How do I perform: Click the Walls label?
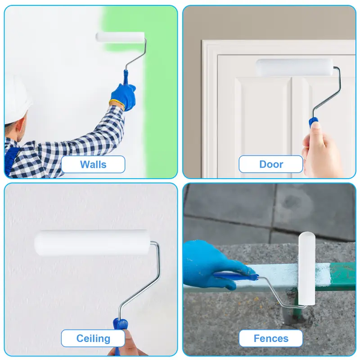(x=93, y=164)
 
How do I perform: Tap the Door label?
(x=271, y=164)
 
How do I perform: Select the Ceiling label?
(x=93, y=338)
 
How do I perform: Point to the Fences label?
(x=271, y=338)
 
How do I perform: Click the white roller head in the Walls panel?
(x=120, y=37)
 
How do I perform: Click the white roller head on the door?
(x=295, y=67)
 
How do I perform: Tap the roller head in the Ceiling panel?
(x=92, y=243)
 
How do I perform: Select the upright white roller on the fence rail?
(x=306, y=268)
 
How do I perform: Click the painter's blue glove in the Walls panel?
(x=123, y=96)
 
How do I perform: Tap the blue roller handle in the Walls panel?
(x=126, y=77)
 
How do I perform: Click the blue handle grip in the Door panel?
(x=313, y=122)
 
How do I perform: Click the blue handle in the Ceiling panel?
(x=120, y=331)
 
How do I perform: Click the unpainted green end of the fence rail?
(x=342, y=277)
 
